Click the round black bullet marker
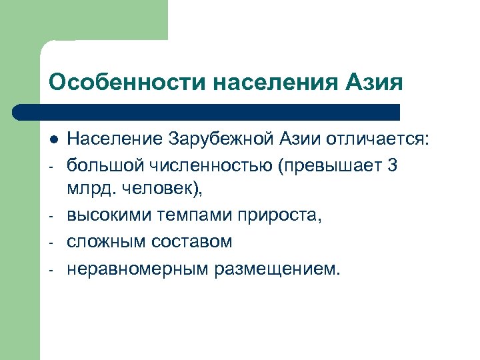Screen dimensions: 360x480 53,139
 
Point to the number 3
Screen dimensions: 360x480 391,164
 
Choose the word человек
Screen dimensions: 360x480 159,189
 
